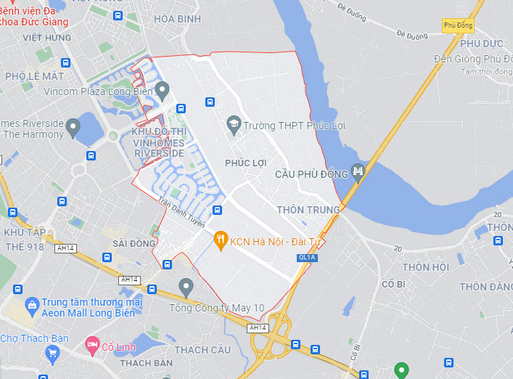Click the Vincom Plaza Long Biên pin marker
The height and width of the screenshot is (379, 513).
coord(162,91)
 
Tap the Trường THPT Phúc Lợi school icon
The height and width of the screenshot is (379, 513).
coord(234,125)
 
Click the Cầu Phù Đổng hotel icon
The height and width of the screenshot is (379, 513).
coord(357,172)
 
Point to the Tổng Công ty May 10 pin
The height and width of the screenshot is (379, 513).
coord(186,287)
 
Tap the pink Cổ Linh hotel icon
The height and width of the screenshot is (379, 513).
coord(91,343)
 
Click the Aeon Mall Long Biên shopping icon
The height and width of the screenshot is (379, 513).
coord(31,304)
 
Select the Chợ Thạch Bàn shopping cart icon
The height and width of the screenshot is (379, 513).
coord(52,354)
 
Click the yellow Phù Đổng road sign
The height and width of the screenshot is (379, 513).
coord(457,25)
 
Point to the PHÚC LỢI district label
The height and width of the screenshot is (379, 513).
coord(245,162)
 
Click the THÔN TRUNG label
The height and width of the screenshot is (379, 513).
coord(308,210)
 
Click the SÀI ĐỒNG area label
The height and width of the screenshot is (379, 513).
coord(134,243)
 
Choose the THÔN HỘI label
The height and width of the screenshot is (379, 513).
coord(426,267)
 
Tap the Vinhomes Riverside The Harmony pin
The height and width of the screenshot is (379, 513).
coord(73,129)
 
